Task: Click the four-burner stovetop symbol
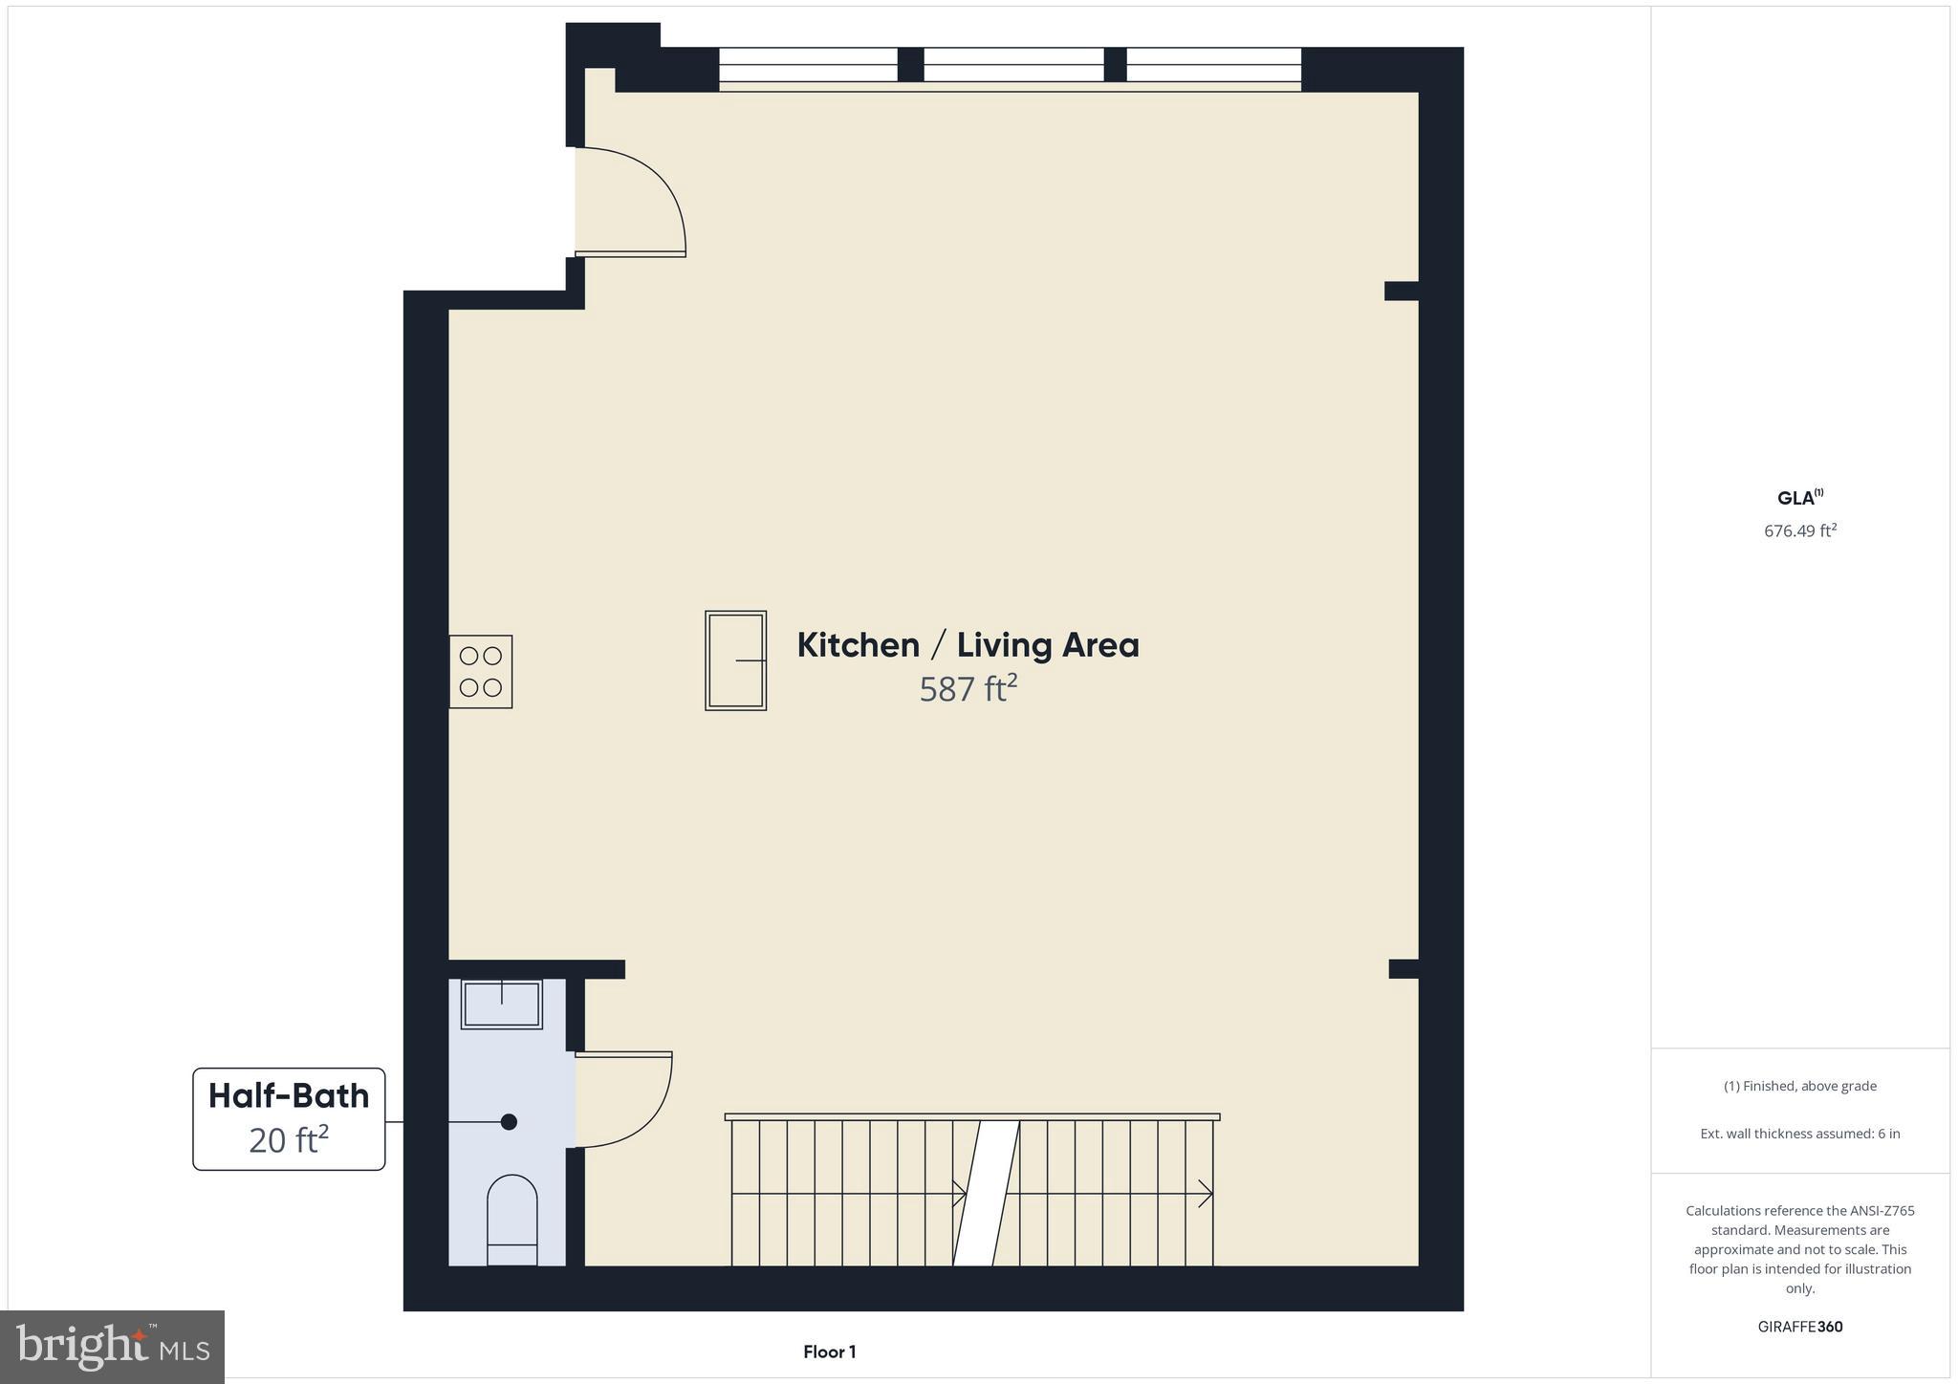pos(481,671)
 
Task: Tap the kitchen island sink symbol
pos(735,660)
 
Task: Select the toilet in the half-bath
pos(512,1220)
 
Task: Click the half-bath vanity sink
pos(502,1004)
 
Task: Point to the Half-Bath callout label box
pos(289,1118)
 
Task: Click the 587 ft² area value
pos(968,688)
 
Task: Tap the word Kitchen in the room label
pos(858,645)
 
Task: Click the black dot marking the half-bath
pos(509,1122)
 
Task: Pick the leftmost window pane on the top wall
pos(808,65)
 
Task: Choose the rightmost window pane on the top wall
pos(1213,65)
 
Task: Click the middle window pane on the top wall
pos(1013,65)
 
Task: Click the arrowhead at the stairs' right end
pos(1207,1193)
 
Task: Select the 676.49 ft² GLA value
pos(1800,530)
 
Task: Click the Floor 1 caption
pos(829,1352)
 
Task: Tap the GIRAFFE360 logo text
pos(1800,1327)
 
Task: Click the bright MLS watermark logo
pos(113,1347)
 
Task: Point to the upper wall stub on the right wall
pos(1401,291)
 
